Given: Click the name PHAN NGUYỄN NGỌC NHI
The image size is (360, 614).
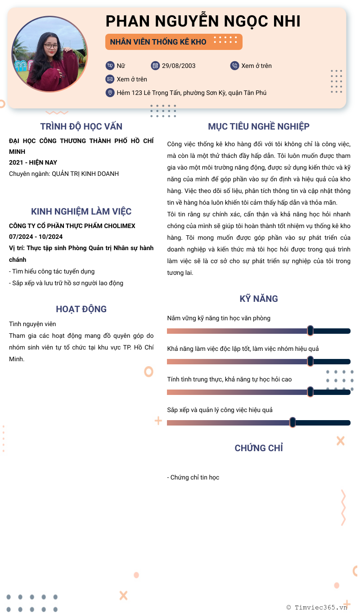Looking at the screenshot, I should click(203, 21).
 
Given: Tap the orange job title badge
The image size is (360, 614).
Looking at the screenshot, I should click(174, 42).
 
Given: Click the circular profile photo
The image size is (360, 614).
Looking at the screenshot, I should click(49, 54).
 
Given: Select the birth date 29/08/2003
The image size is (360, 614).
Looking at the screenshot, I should click(179, 66).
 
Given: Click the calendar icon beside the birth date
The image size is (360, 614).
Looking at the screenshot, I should click(155, 66).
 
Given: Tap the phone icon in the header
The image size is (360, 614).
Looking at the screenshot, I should click(234, 66).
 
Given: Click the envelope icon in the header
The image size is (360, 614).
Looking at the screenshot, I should click(110, 79).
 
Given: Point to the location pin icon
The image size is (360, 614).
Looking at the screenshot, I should click(110, 93).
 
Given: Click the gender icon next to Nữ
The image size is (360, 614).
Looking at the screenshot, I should click(110, 66).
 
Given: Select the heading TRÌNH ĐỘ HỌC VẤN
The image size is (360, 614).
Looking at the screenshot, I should click(81, 126).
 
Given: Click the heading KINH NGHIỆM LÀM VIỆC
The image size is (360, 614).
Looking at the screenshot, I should click(81, 211).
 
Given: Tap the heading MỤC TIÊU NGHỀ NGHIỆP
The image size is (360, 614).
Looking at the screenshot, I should click(259, 126).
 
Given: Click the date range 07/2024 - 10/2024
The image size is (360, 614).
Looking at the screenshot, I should click(36, 237).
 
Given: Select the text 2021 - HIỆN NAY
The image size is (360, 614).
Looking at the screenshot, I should click(33, 162).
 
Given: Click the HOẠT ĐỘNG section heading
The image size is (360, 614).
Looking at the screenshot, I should click(81, 309).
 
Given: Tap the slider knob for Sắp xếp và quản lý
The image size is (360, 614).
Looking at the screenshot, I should click(292, 422).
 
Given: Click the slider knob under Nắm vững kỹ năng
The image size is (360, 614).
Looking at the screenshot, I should click(310, 331).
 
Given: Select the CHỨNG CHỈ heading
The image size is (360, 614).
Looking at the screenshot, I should click(259, 448).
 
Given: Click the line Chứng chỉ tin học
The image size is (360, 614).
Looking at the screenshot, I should click(193, 477).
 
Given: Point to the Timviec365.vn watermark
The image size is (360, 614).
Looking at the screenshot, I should click(317, 607).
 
